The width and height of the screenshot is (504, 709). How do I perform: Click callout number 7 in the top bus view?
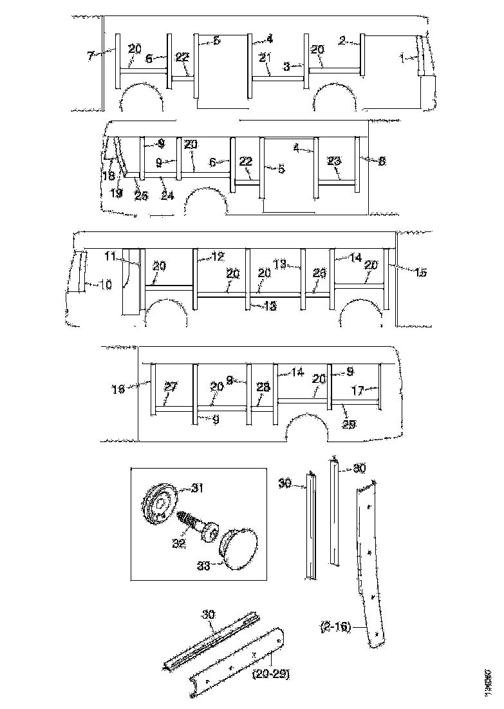(90, 56)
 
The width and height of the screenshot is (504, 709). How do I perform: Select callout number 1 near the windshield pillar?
(402, 59)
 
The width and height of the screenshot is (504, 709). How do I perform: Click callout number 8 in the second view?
(382, 162)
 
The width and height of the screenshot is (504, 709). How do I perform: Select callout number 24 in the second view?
(167, 196)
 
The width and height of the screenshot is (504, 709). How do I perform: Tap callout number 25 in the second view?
(141, 196)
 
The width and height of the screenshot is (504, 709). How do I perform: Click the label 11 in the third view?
(111, 256)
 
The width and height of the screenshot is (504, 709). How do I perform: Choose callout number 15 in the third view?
(420, 273)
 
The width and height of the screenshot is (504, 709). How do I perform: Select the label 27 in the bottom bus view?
(170, 387)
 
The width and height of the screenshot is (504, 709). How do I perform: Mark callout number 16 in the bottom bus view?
(118, 389)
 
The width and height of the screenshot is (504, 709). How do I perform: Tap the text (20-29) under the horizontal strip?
(271, 674)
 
